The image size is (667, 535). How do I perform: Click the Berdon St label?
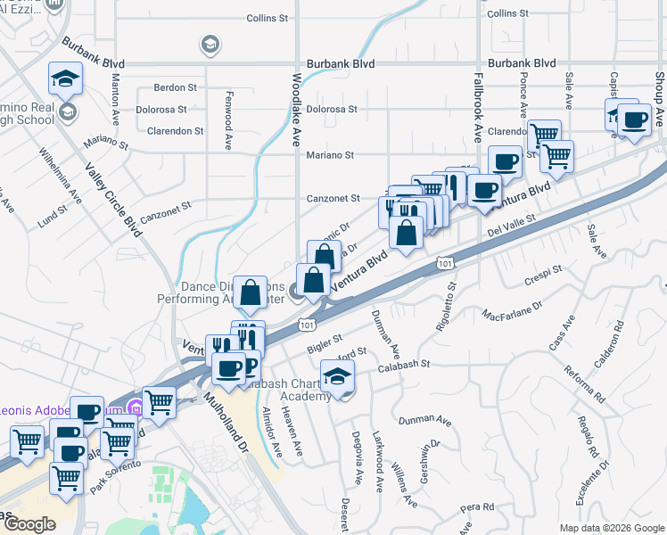coord(175,87)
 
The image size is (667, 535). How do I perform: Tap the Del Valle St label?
coord(511,226)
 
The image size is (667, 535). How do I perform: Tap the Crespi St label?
coord(545,269)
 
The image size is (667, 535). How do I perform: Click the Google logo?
coord(29,524)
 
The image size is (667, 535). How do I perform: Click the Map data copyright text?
coord(611,528)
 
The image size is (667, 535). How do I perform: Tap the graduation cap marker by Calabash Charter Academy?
coord(336,377)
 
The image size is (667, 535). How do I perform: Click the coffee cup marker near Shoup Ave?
coord(634,119)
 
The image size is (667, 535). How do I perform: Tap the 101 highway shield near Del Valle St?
coord(444,262)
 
